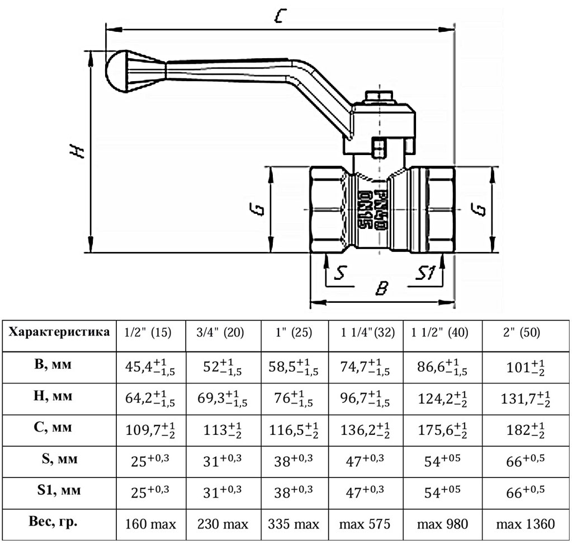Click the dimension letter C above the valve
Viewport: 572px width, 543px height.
point(280,15)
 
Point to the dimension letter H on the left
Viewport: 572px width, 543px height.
point(77,151)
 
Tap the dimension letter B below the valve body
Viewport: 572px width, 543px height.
point(382,288)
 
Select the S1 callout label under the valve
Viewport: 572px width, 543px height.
point(426,273)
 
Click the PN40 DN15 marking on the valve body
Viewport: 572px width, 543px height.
point(371,209)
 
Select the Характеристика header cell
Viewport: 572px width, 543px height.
point(59,332)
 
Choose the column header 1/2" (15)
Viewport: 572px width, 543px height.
point(148,333)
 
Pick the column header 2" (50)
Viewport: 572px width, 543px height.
point(522,333)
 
